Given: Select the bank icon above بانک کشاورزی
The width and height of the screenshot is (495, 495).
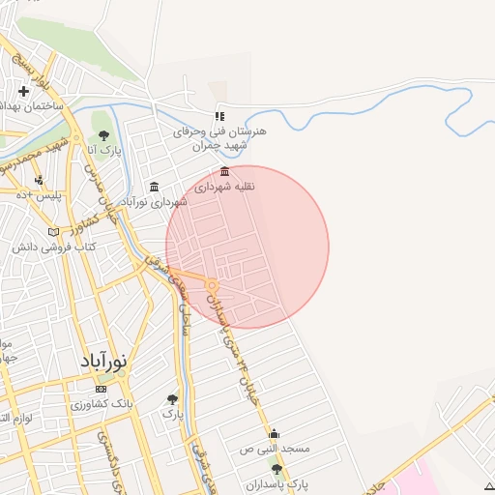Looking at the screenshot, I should [102, 389].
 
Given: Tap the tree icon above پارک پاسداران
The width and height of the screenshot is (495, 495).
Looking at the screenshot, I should [277, 468].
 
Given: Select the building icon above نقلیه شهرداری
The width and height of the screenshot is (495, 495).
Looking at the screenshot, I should [225, 172].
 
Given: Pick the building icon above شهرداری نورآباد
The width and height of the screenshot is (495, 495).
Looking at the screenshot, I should [153, 187].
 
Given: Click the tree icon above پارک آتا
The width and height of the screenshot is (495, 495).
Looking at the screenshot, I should [104, 135].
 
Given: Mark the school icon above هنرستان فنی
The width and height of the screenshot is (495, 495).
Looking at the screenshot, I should [219, 116].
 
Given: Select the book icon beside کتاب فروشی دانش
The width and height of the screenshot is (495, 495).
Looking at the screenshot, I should [66, 232].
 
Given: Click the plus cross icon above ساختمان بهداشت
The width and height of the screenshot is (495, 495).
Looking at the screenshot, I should [24, 91].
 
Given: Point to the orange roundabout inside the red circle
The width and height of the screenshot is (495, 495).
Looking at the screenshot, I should [211, 285].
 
